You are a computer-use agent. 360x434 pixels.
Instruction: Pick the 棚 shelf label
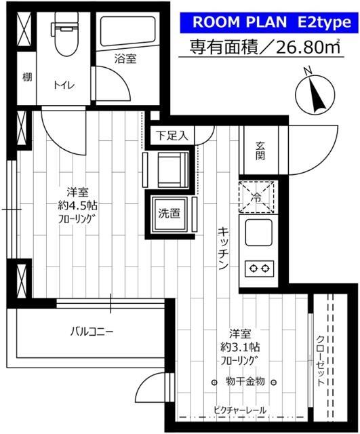tap(26, 77)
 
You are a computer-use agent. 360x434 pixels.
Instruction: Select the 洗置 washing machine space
tap(169, 213)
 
